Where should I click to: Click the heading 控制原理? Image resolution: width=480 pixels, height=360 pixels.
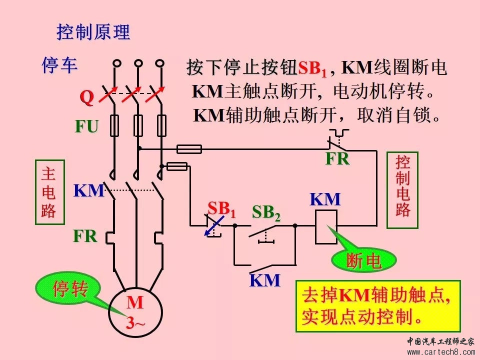click(93, 33)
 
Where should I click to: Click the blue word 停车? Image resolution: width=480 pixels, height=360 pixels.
click(59, 65)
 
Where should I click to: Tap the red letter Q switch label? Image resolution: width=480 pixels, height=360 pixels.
click(86, 98)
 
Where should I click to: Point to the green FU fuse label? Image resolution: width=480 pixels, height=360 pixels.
click(86, 126)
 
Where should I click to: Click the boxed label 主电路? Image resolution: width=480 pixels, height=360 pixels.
click(48, 192)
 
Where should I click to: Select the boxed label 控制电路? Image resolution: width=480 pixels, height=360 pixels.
click(402, 185)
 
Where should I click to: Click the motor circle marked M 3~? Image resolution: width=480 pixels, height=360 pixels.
click(134, 312)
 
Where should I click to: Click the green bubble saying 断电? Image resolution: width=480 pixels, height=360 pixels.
click(363, 260)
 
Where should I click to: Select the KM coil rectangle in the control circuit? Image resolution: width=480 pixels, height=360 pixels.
click(326, 226)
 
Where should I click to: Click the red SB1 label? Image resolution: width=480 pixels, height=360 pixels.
click(221, 208)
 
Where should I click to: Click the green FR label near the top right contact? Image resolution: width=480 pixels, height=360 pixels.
click(337, 159)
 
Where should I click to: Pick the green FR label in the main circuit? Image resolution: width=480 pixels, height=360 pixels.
click(85, 235)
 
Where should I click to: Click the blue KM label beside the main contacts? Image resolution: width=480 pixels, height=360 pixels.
click(88, 190)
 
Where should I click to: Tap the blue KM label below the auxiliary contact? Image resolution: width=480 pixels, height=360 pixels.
click(265, 280)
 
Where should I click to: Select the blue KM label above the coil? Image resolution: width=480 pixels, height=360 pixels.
click(325, 199)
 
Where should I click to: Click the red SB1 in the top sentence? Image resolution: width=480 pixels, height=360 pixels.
click(312, 69)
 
